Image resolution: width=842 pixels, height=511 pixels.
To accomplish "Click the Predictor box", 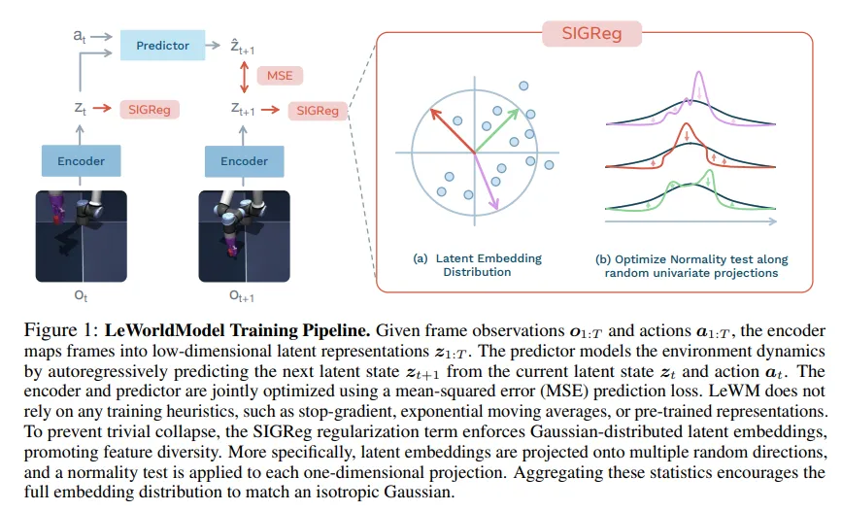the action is [163, 45].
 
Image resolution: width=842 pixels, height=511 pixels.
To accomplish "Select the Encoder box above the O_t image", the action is [81, 160].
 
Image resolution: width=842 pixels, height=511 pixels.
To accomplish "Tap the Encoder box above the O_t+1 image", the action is [245, 160].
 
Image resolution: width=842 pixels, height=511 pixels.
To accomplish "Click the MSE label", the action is [280, 76].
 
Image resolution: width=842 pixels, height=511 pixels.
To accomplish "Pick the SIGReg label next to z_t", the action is [150, 110].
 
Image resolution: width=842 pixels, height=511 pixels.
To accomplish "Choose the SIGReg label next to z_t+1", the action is [318, 110].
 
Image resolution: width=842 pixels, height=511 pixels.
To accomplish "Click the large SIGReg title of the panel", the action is [591, 33].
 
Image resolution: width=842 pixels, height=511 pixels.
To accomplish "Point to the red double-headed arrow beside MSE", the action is [245, 77].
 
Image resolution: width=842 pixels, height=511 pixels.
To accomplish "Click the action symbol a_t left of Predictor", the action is [80, 36].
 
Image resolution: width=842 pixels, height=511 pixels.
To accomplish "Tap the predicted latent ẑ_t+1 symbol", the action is [242, 47].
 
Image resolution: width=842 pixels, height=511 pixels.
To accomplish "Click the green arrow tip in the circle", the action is [518, 110].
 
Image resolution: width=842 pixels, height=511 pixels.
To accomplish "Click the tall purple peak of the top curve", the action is [698, 72].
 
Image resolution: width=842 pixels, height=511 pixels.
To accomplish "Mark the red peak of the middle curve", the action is [686, 124].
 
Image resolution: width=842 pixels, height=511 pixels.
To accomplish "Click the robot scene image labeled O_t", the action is [81, 236].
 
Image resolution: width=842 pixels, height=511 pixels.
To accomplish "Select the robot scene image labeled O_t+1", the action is [245, 236].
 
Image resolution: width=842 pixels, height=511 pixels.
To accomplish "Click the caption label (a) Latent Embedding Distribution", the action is [478, 265].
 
